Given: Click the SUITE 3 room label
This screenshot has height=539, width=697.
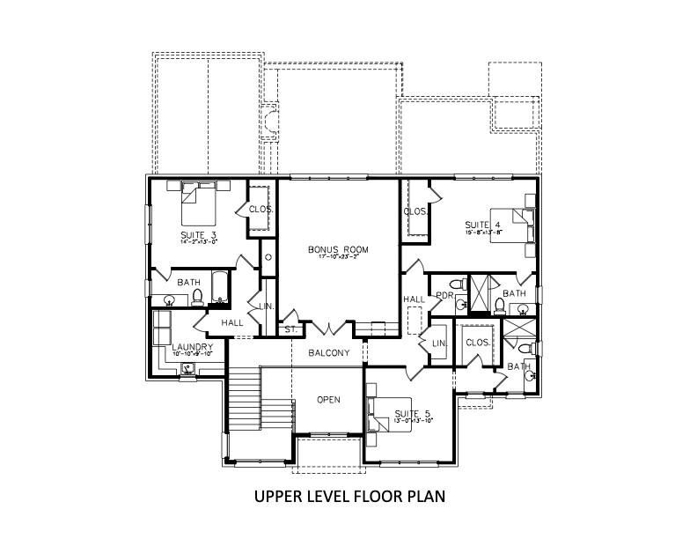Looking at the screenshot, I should [x=198, y=235].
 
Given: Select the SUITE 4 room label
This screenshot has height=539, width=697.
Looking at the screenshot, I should [x=483, y=225].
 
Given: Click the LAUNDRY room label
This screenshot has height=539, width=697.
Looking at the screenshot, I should [x=192, y=347].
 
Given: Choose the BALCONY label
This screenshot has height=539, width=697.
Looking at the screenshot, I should [x=329, y=353].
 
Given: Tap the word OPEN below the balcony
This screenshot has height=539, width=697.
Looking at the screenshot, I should [x=328, y=399].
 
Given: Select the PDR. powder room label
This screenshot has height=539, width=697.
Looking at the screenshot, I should [x=443, y=296].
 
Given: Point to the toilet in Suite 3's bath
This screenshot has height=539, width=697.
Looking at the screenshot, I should [x=197, y=297].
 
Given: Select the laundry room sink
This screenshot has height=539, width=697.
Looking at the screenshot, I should [x=187, y=371].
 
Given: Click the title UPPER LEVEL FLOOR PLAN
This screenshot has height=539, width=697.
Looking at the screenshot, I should [x=349, y=496].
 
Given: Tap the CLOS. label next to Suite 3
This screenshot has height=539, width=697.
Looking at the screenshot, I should [x=260, y=210].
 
